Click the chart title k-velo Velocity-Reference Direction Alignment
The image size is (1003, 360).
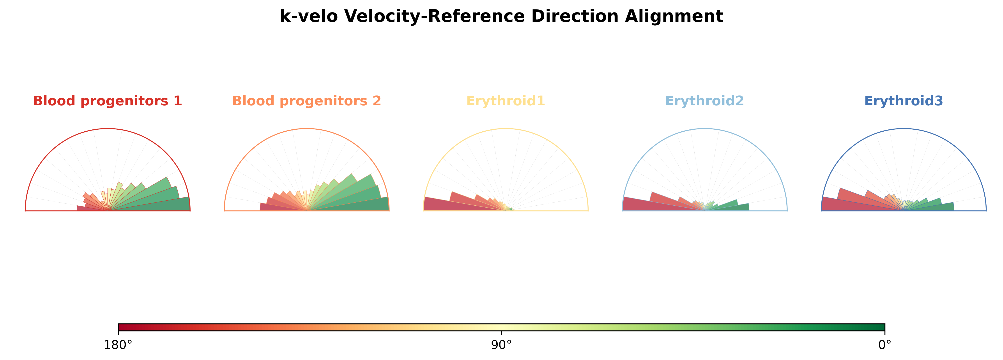point(502,16)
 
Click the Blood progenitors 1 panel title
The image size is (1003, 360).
point(108,101)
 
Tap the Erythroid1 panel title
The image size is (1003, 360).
point(506,101)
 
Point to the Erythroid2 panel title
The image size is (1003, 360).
point(705,101)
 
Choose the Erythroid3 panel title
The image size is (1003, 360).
point(904,101)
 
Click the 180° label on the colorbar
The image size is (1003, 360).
point(118,345)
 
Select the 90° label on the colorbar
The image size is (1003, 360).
point(502,345)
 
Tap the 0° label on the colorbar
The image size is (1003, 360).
point(885,345)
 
